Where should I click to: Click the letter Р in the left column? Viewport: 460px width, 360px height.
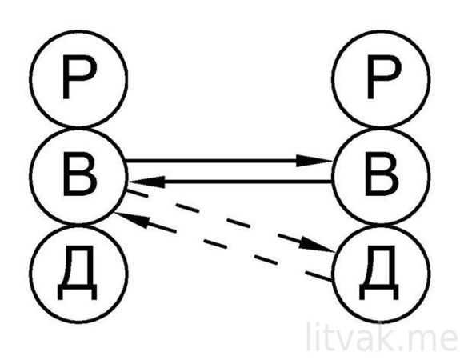tap(78, 78)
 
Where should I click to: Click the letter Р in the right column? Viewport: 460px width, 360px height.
tap(383, 78)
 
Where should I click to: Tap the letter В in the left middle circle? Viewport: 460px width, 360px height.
tap(80, 174)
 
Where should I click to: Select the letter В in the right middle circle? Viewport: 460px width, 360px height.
tap(382, 174)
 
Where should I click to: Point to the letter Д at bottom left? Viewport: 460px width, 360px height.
tap(77, 274)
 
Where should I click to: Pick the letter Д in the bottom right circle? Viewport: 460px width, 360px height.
tap(379, 274)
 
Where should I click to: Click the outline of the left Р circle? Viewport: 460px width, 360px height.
tap(30, 79)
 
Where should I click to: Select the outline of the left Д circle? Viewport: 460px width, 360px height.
tap(30, 274)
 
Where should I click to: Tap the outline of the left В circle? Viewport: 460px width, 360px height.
tap(30, 176)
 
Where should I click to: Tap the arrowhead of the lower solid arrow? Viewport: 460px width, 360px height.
tap(146, 182)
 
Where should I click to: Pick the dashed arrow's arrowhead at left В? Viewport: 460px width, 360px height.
tap(132, 218)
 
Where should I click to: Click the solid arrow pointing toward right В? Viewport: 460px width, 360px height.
tap(229, 161)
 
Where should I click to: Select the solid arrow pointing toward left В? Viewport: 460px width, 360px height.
tap(230, 182)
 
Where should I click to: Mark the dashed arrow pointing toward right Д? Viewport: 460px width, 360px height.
tap(230, 222)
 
